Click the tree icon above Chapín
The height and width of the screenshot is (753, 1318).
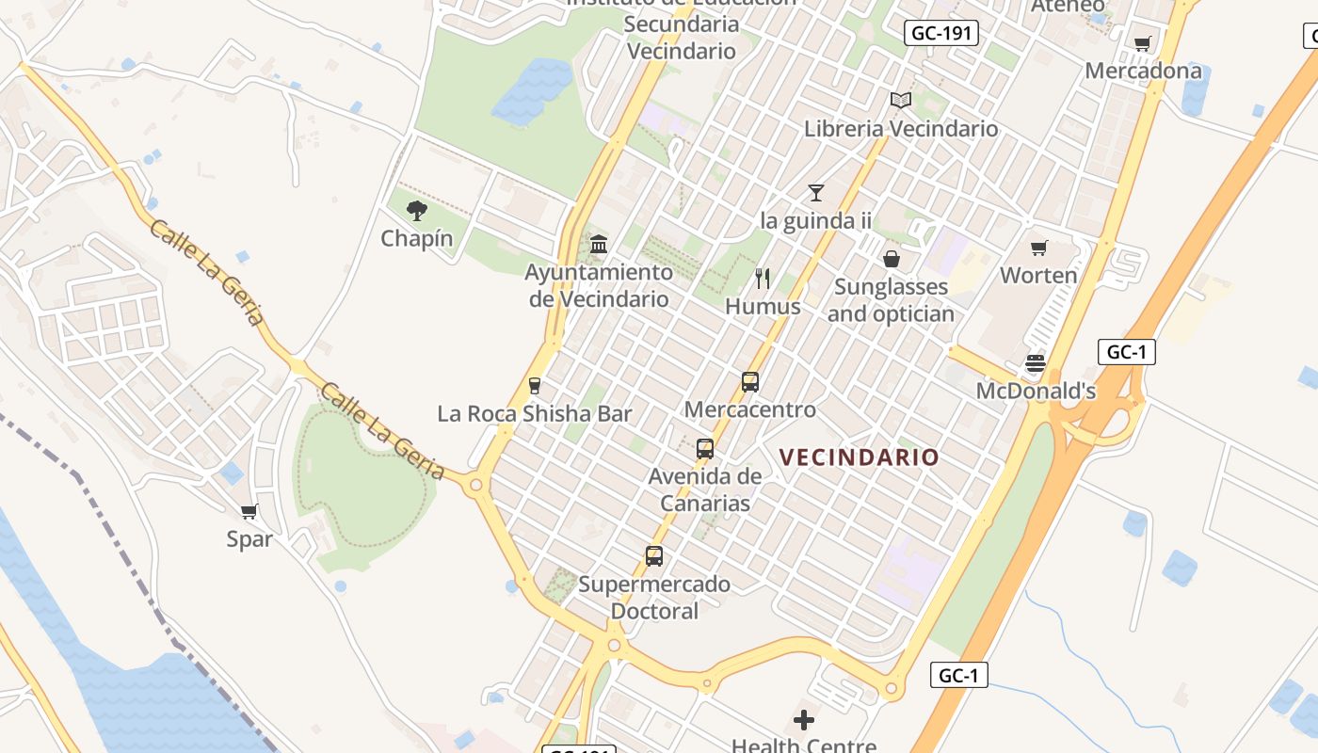click(x=417, y=211)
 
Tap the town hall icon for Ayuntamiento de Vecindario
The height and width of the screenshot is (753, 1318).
click(x=598, y=245)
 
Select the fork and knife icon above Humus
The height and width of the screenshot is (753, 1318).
click(x=763, y=279)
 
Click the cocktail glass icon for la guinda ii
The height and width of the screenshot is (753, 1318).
click(x=815, y=193)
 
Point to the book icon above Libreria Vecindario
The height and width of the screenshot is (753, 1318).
click(x=901, y=100)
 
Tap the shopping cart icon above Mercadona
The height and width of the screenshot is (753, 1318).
click(x=1143, y=43)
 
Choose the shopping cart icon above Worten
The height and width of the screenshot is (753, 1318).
click(x=1038, y=248)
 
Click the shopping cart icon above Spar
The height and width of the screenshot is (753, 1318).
click(x=249, y=511)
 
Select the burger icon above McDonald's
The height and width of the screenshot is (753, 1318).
click(x=1036, y=363)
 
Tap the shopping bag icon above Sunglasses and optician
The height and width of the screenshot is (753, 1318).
click(x=891, y=258)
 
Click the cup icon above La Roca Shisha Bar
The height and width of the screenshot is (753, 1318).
click(x=535, y=386)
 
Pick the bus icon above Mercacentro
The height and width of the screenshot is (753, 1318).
click(x=749, y=382)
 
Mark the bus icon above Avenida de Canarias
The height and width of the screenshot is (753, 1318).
click(x=704, y=449)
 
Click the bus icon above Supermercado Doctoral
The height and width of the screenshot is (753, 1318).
click(x=654, y=556)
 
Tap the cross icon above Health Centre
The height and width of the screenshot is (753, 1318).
click(x=803, y=720)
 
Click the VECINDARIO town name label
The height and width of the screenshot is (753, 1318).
click(x=859, y=457)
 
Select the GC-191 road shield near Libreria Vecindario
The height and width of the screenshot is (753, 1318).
click(x=942, y=34)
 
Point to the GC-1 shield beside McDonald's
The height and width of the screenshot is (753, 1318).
click(x=1126, y=352)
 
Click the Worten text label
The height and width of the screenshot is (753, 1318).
click(x=1038, y=276)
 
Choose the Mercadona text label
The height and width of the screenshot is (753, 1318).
click(x=1143, y=71)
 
